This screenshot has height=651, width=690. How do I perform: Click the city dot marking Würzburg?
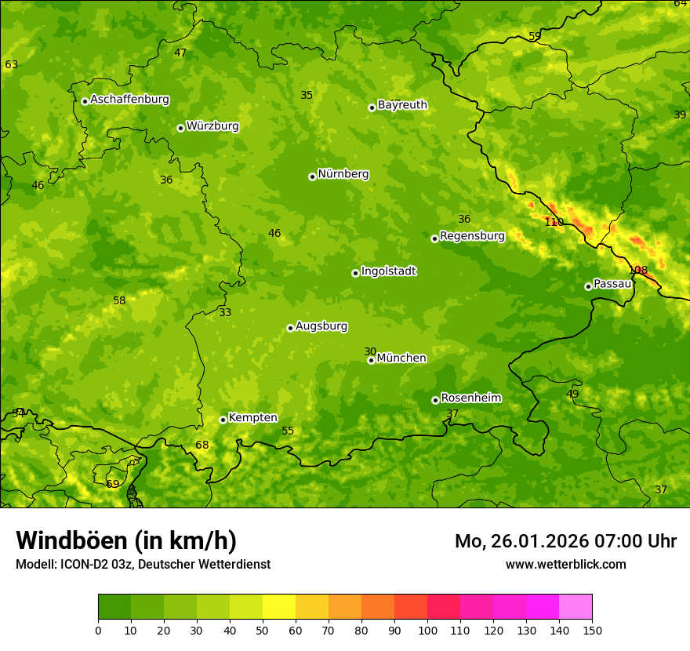(x=180, y=128)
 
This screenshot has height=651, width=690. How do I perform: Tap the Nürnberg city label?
(x=343, y=174)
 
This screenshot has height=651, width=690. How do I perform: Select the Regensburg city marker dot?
(x=434, y=238)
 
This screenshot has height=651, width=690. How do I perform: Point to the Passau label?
(x=612, y=284)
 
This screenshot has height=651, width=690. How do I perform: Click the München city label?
(x=401, y=358)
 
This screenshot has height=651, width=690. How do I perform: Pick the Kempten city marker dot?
(x=223, y=420)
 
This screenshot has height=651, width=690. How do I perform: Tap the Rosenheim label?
(x=470, y=398)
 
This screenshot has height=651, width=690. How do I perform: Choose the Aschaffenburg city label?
(x=129, y=100)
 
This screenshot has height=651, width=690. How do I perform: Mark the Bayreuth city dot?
(x=372, y=107)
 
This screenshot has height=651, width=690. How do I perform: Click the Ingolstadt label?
(x=388, y=271)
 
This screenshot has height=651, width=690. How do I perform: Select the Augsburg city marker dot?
(x=290, y=328)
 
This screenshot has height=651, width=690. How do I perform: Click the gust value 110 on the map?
(x=554, y=222)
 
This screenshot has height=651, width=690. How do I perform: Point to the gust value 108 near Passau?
(x=638, y=271)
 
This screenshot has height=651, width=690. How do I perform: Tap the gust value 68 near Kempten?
(x=202, y=446)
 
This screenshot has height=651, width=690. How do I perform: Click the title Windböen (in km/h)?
(x=126, y=540)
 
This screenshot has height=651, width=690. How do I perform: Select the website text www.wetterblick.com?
(x=565, y=564)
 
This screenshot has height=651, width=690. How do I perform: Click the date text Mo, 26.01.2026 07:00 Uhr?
(x=565, y=541)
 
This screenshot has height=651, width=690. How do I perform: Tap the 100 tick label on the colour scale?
(x=427, y=630)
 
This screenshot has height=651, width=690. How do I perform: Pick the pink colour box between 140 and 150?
(x=576, y=606)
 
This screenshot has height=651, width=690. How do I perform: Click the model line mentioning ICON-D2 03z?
(x=143, y=564)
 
